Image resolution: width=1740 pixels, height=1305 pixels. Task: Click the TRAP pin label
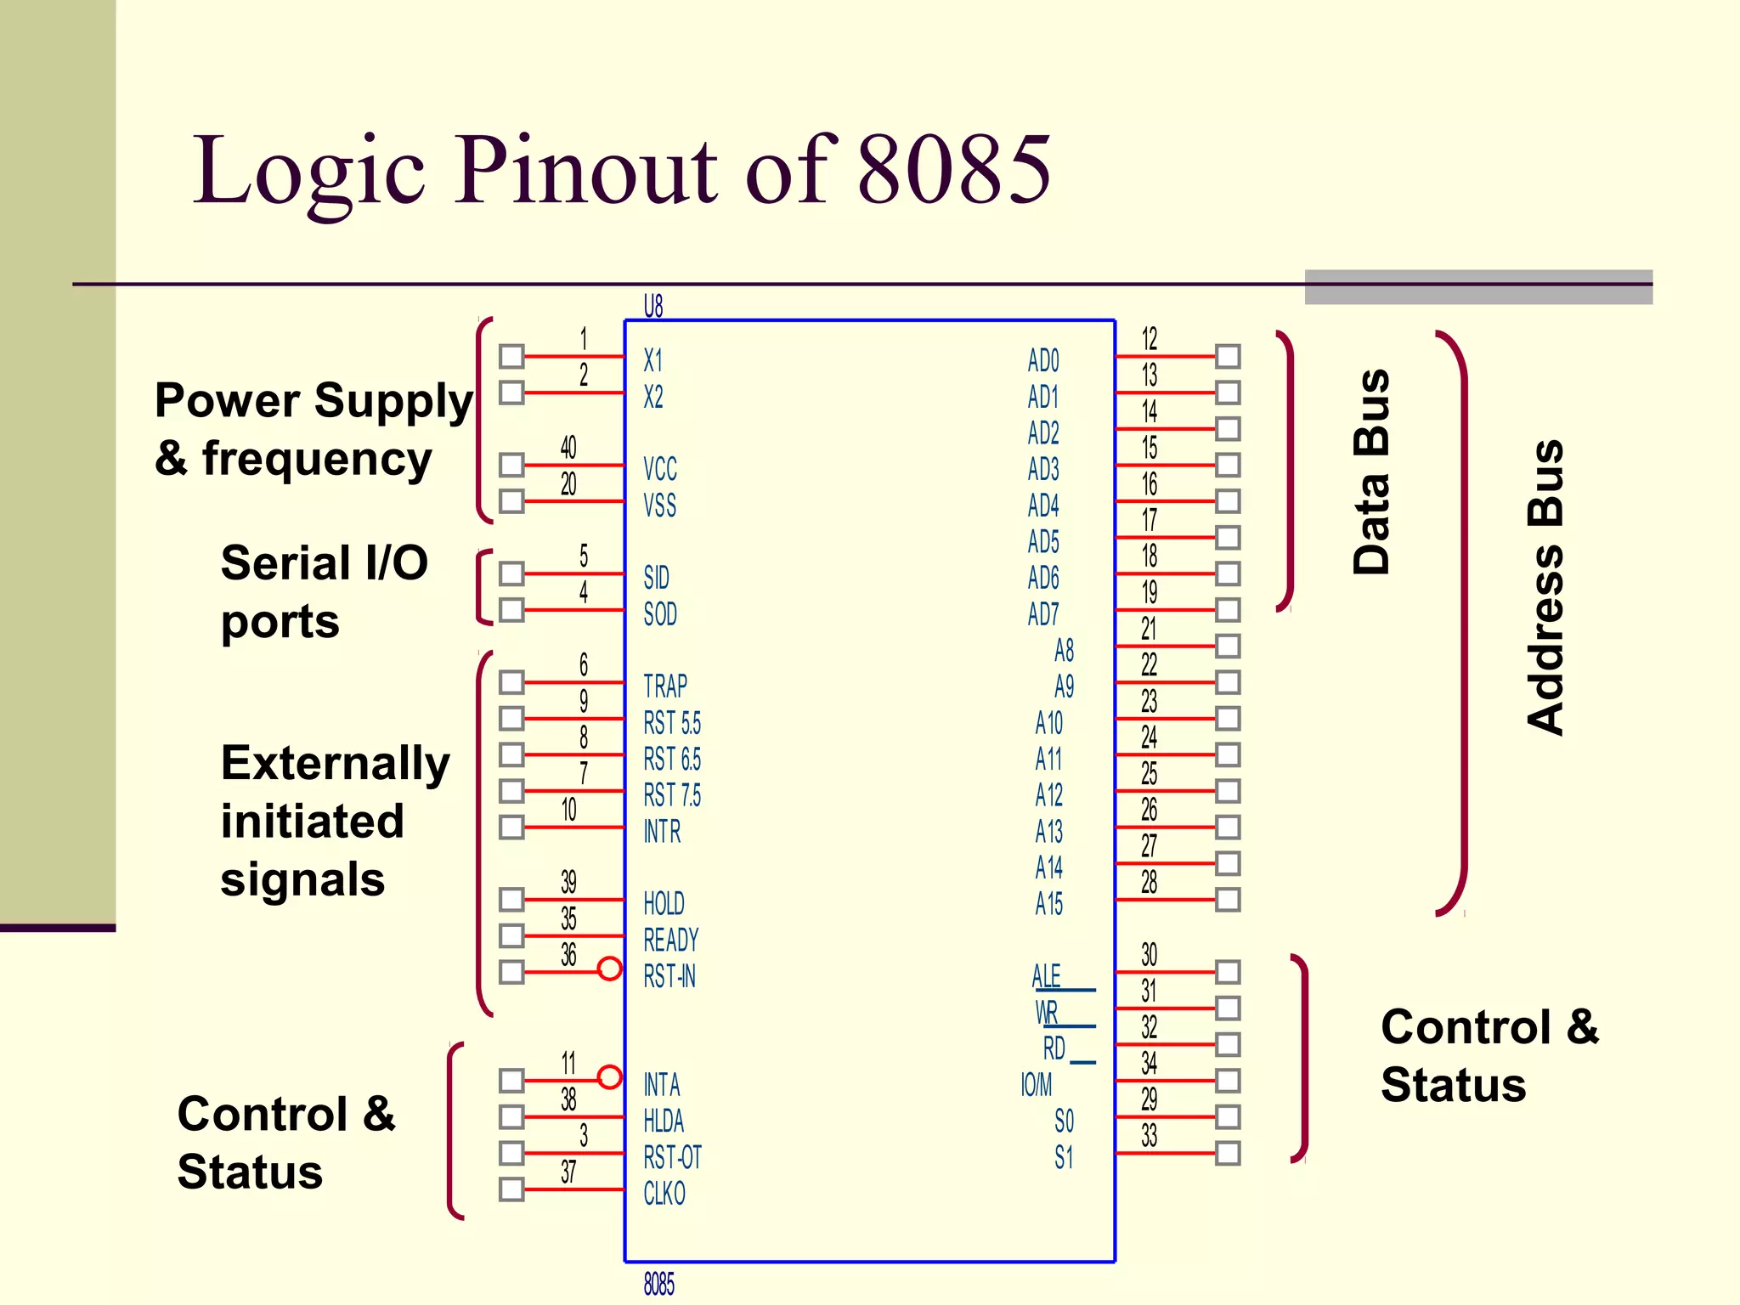(x=665, y=686)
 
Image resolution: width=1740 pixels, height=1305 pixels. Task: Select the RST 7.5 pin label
(x=672, y=795)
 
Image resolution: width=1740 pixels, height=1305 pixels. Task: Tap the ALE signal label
(x=1047, y=976)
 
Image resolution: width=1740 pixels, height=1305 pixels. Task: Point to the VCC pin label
(x=660, y=469)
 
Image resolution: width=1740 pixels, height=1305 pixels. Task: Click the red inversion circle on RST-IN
(x=609, y=969)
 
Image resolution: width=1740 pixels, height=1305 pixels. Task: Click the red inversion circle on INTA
(x=609, y=1077)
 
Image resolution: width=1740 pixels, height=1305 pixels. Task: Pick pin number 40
(x=568, y=448)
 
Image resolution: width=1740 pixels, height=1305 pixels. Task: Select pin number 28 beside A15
(x=1149, y=883)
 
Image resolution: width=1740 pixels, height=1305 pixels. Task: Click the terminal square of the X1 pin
(x=511, y=356)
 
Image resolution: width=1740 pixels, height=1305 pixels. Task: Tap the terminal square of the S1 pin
(x=1228, y=1153)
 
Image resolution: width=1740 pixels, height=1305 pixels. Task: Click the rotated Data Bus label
(x=1371, y=472)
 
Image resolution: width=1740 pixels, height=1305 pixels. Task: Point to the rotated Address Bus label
(x=1545, y=587)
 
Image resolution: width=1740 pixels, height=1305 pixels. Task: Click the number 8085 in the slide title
(x=954, y=170)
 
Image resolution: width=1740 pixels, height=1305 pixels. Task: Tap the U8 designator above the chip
(x=652, y=306)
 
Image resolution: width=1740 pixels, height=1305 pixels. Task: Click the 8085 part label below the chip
(x=658, y=1284)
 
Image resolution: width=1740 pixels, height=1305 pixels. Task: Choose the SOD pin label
(x=660, y=613)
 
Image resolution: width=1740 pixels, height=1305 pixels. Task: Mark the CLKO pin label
(x=664, y=1194)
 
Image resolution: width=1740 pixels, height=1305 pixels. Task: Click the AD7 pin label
(x=1043, y=613)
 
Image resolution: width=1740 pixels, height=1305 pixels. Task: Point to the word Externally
(x=336, y=763)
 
